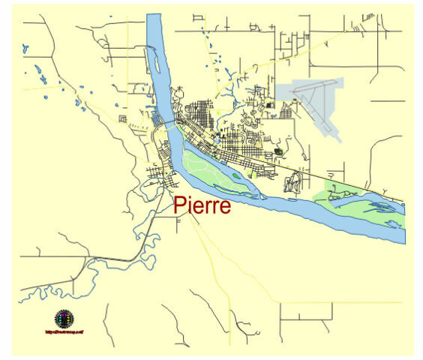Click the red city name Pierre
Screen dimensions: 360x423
click(202, 205)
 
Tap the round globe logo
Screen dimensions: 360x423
click(64, 319)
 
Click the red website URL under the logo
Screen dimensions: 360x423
click(64, 331)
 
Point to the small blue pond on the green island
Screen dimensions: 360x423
click(237, 176)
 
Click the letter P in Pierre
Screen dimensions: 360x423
click(181, 205)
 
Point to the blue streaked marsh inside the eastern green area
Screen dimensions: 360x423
click(379, 204)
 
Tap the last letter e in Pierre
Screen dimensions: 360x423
click(224, 207)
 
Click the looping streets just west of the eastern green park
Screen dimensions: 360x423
click(293, 181)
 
